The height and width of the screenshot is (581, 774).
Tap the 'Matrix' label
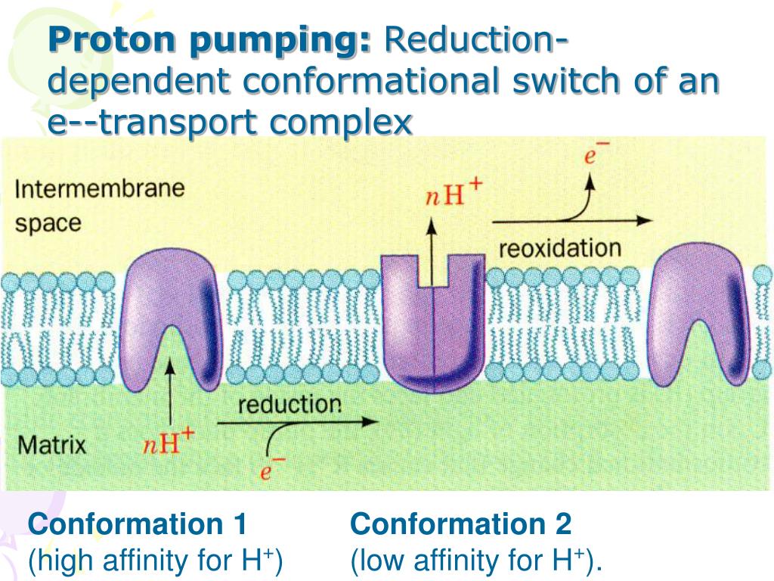52,444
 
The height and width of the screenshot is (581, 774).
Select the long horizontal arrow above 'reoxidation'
571,221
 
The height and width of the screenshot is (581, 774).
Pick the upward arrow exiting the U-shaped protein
432,250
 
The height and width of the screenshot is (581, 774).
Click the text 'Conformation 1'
138,524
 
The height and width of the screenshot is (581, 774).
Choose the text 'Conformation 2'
461,524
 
